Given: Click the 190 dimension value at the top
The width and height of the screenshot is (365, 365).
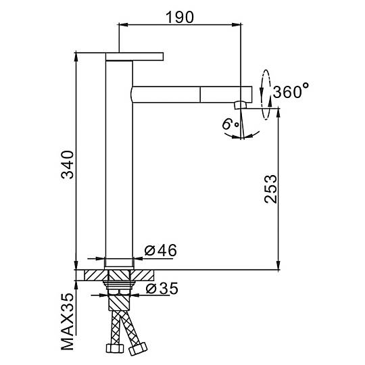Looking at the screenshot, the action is click(x=180, y=17).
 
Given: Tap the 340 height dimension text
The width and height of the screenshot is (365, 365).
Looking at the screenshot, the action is click(x=68, y=164).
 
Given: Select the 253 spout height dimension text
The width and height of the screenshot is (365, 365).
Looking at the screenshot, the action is click(x=271, y=189).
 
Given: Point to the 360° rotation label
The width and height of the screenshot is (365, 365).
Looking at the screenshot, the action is click(x=291, y=91).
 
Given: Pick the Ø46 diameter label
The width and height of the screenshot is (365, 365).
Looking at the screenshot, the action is click(x=160, y=250).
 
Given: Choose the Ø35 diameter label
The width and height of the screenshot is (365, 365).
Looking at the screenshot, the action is click(x=162, y=289).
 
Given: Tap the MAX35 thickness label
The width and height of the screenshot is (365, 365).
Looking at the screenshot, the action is click(x=68, y=322).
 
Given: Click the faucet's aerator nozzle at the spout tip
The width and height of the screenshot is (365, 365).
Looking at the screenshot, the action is click(x=240, y=105).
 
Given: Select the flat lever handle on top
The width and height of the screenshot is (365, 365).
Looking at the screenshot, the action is click(x=135, y=57).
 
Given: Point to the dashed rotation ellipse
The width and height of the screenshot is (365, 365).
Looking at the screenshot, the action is click(x=266, y=95).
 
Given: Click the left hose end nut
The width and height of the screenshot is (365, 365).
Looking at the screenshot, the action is click(x=114, y=348).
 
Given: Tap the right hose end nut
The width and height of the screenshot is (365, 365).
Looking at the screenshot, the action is click(x=138, y=349).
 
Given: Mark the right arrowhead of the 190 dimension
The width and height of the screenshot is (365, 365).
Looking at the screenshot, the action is click(x=237, y=24).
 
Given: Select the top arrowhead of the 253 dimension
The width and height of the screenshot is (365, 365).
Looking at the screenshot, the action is click(x=278, y=113).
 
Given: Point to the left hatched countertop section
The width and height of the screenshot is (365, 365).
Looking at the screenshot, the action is click(x=96, y=275).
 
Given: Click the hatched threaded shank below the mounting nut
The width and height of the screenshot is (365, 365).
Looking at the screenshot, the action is click(x=119, y=303).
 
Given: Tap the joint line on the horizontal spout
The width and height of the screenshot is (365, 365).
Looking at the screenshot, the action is click(x=200, y=94).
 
